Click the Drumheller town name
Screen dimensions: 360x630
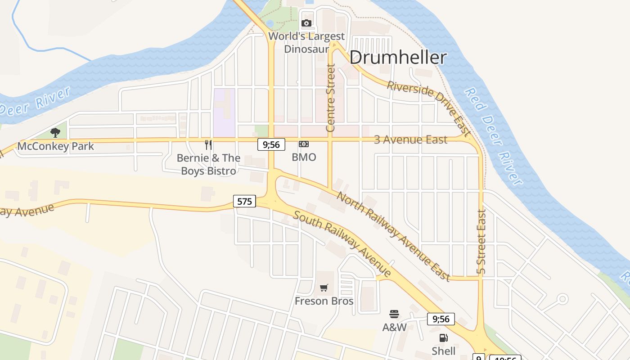pos(398,58)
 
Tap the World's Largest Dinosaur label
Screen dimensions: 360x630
pos(306,42)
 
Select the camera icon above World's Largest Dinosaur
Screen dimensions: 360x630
pos(306,23)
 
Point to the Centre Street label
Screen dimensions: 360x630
pos(331,98)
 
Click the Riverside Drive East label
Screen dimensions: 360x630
pos(428,108)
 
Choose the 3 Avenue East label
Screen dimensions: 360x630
pos(410,140)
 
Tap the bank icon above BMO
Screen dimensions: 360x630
pos(304,144)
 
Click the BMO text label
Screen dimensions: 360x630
pos(304,157)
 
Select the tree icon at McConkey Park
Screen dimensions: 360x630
pos(55,132)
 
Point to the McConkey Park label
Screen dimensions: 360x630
pos(56,146)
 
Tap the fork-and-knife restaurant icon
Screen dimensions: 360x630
pos(208,144)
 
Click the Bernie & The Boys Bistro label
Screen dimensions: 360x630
pos(208,164)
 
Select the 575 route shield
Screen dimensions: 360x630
pos(244,201)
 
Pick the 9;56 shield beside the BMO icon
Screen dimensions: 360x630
pos(271,144)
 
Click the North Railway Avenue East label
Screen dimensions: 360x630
pos(393,236)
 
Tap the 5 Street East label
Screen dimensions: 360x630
pos(481,242)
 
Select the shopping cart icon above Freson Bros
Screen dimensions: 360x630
pos(324,288)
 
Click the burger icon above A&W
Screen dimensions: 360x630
pos(394,314)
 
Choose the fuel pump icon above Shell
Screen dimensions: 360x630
pos(443,337)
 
